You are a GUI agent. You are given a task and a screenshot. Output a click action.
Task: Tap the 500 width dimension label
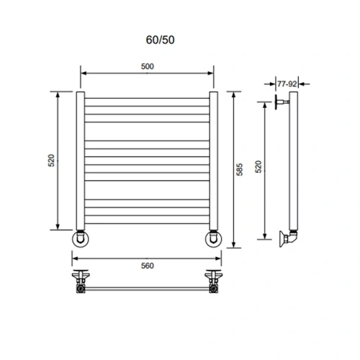pos(148,66)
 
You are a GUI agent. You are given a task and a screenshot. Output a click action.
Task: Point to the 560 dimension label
pos(148,266)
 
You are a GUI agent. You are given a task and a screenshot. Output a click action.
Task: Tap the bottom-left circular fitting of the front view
pos(79,238)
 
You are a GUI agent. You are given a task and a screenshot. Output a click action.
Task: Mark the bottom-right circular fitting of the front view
pos(214,238)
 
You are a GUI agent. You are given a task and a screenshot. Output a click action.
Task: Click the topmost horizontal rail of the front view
pos(147,98)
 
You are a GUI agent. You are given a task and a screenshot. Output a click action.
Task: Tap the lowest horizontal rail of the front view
pos(147,222)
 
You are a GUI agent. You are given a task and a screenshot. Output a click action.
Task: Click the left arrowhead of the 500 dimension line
pos(82,73)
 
